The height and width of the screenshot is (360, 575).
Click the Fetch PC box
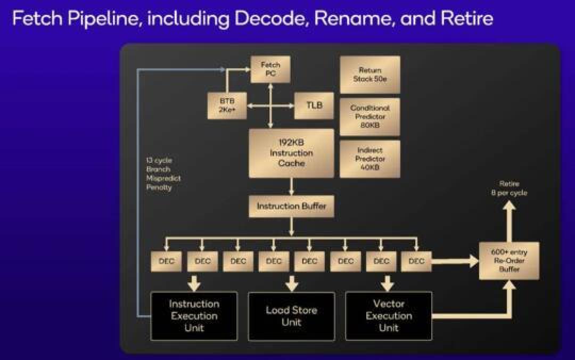(x=270, y=69)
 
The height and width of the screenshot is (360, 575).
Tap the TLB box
(x=314, y=105)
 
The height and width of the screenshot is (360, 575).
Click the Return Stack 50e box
(x=370, y=75)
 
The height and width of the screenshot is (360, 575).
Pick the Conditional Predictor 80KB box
(x=370, y=117)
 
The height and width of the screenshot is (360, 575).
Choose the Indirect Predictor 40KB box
(x=370, y=159)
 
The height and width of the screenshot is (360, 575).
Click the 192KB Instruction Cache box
(x=291, y=153)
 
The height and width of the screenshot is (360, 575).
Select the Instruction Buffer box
(x=291, y=206)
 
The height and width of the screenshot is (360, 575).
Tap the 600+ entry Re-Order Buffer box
(x=509, y=260)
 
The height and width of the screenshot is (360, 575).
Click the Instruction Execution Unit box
(x=194, y=316)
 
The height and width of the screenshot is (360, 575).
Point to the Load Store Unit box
(x=291, y=316)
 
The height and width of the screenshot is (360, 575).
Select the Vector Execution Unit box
(x=389, y=316)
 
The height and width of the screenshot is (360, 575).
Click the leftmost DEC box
(x=167, y=261)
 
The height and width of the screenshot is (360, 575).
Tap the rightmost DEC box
(x=416, y=261)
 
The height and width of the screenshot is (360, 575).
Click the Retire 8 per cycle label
(x=509, y=188)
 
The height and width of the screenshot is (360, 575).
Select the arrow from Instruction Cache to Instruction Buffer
(x=291, y=186)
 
